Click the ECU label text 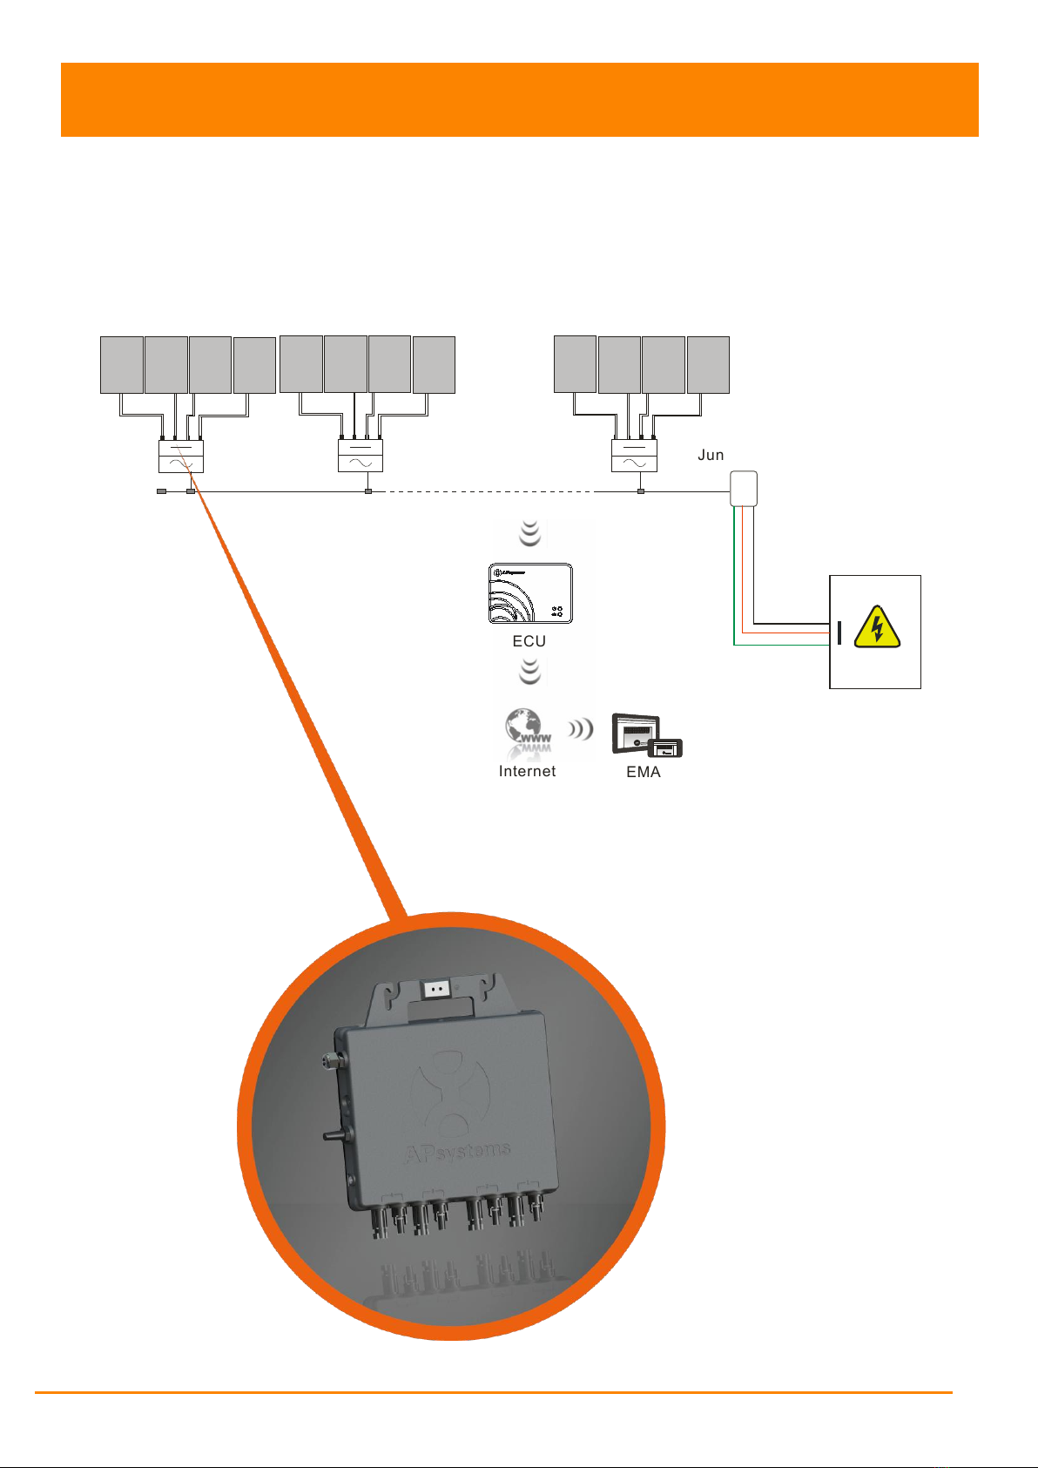(529, 641)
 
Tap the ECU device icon (530, 593)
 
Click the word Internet (527, 771)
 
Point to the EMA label (644, 772)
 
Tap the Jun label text (711, 455)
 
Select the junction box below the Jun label (743, 488)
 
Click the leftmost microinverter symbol (181, 456)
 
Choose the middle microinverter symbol (361, 456)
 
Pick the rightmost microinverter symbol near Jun (634, 456)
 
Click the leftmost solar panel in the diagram (122, 364)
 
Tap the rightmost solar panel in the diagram (708, 364)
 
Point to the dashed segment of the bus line (488, 491)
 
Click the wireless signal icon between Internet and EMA (580, 728)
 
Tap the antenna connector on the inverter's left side (332, 1060)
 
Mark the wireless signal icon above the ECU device (529, 533)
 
